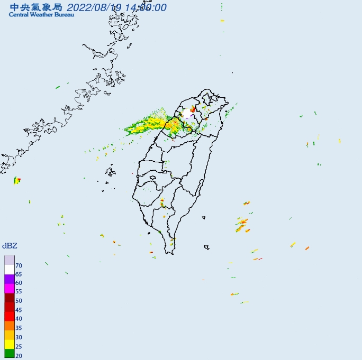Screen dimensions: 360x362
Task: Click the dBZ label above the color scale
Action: point(9,246)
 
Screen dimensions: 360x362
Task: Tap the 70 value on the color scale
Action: point(19,265)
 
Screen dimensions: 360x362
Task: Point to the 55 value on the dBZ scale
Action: point(19,291)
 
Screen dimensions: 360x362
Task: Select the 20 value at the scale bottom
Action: point(19,356)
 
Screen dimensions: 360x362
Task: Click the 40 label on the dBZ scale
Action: point(19,318)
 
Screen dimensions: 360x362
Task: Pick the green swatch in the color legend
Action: point(9,354)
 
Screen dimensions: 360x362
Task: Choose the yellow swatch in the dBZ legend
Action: point(9,345)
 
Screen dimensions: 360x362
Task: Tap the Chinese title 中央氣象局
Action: point(36,7)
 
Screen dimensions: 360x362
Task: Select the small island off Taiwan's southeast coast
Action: point(206,247)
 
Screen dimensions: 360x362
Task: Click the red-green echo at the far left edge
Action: point(17,181)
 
